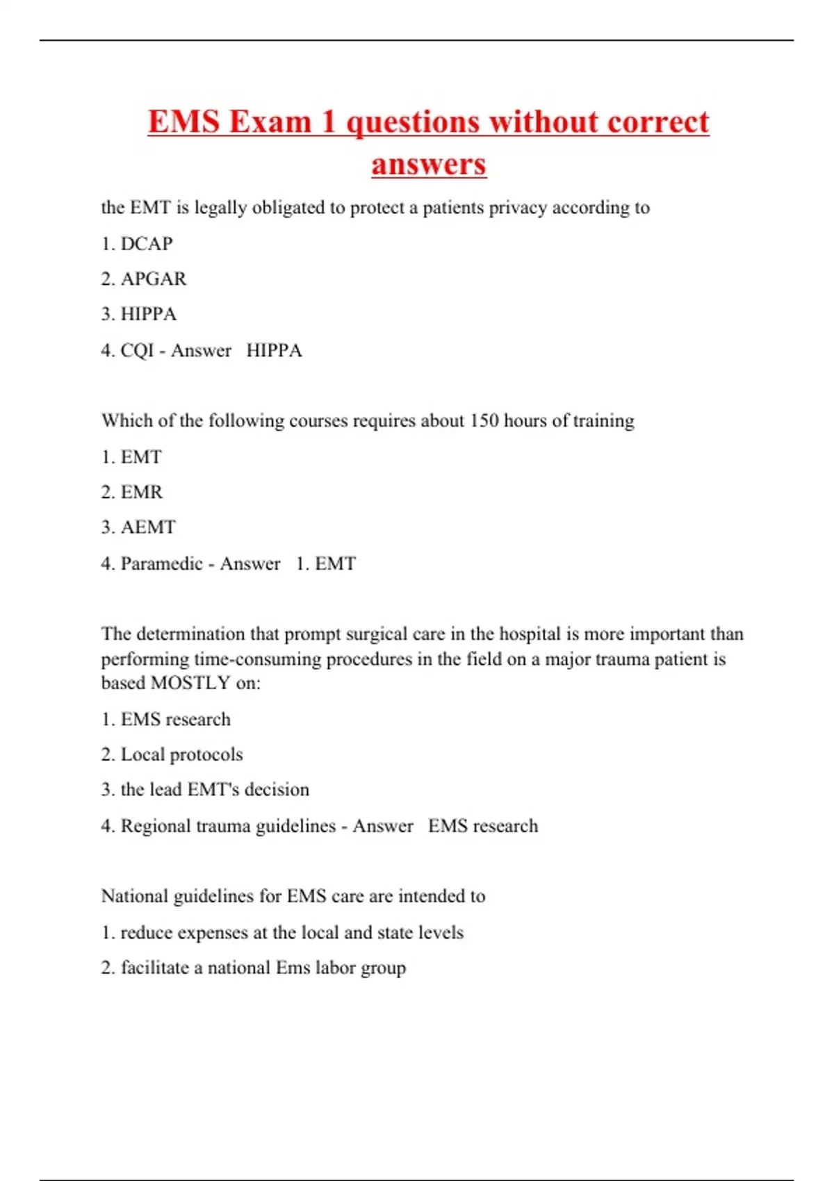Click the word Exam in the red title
(x=270, y=122)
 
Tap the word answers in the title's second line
(x=429, y=165)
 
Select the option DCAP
(x=146, y=244)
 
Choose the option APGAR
(x=153, y=279)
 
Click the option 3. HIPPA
(x=139, y=314)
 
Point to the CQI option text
(x=137, y=350)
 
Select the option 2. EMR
(x=132, y=493)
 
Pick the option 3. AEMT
(x=138, y=527)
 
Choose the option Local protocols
(x=181, y=754)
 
